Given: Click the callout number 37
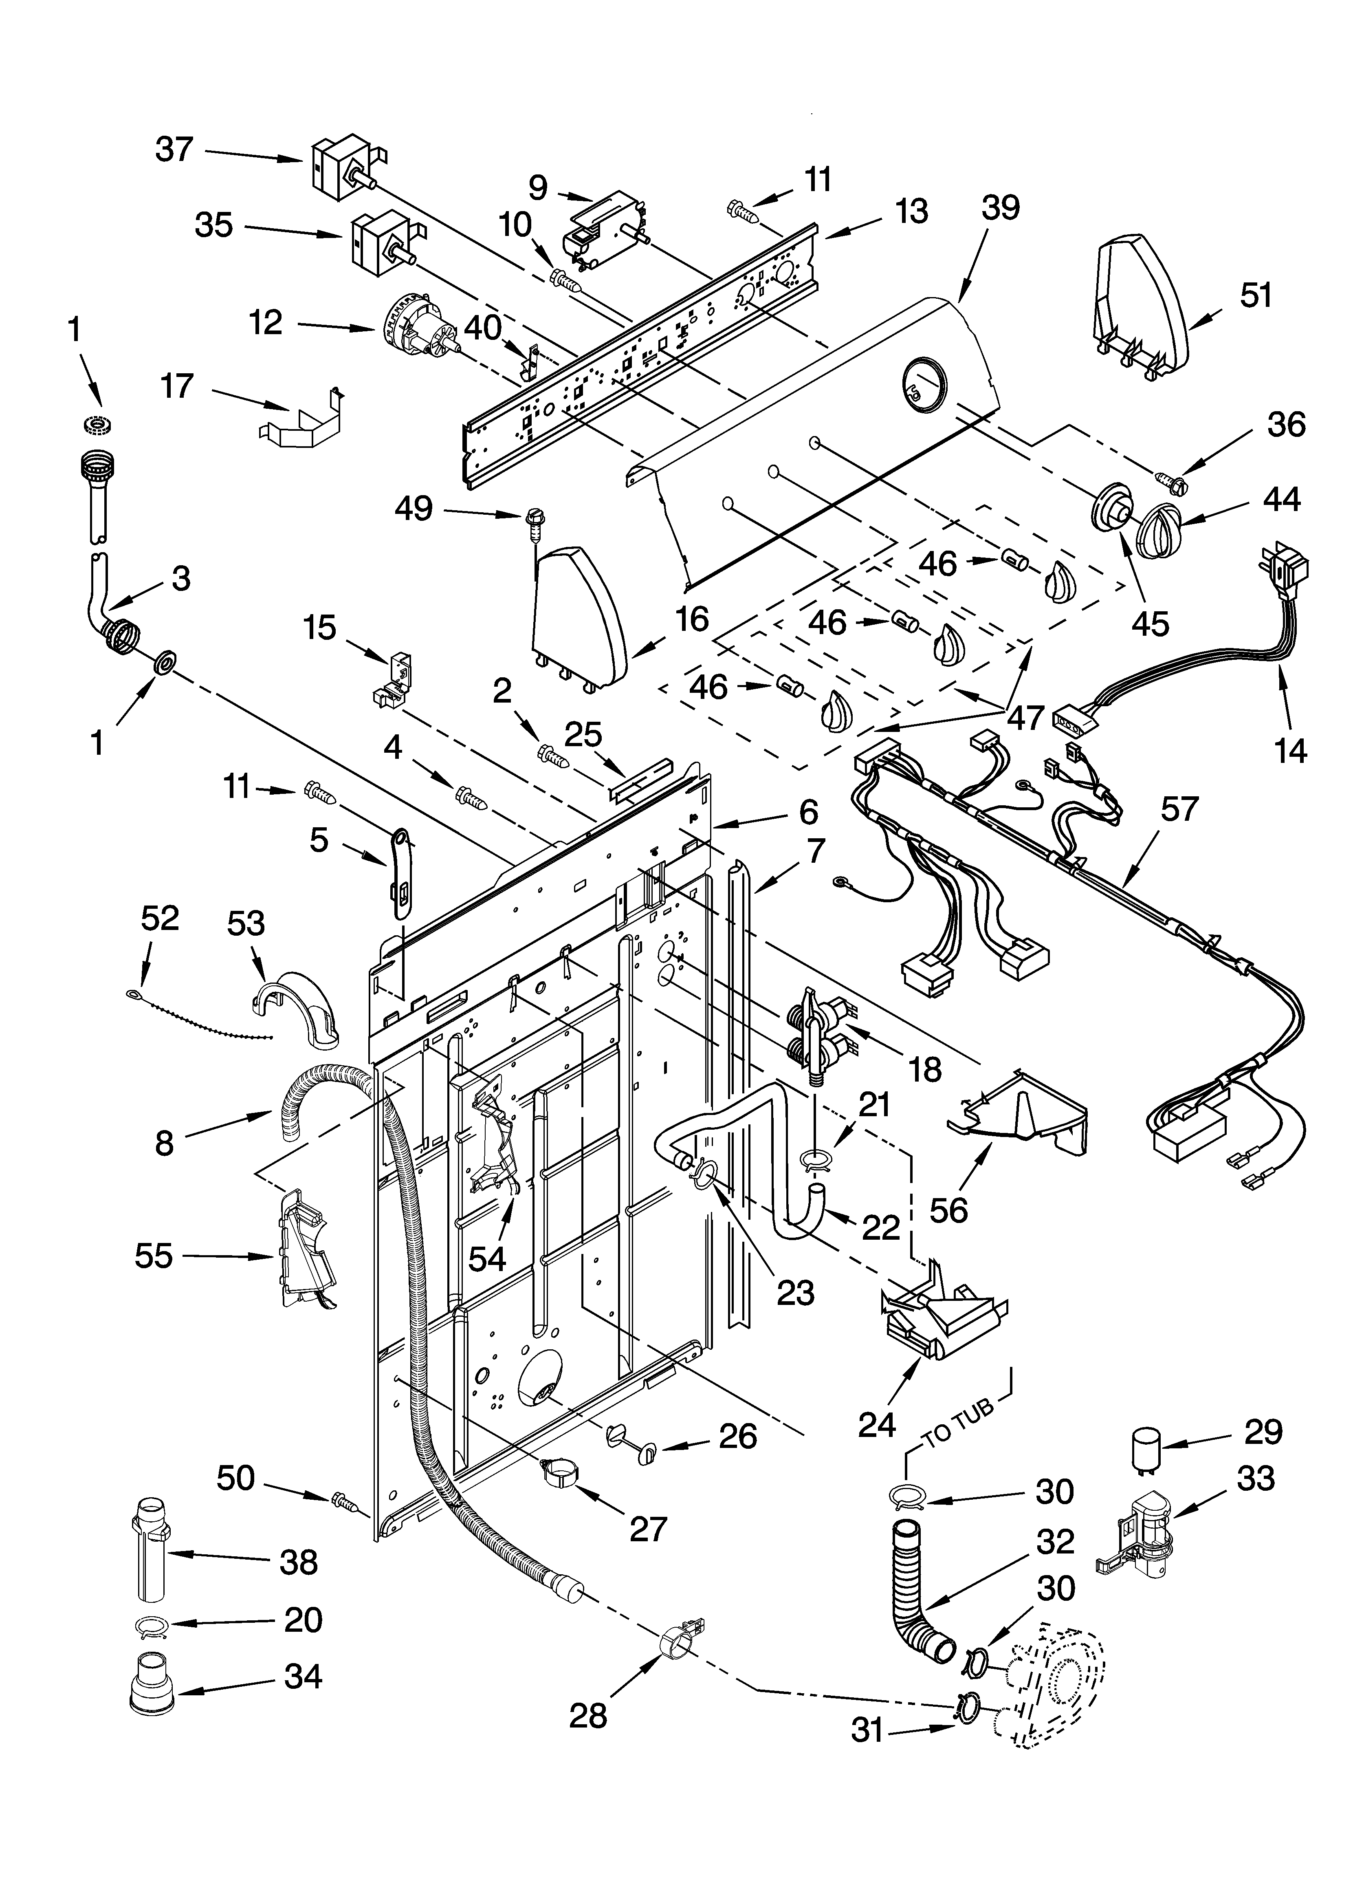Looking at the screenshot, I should click(174, 150).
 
